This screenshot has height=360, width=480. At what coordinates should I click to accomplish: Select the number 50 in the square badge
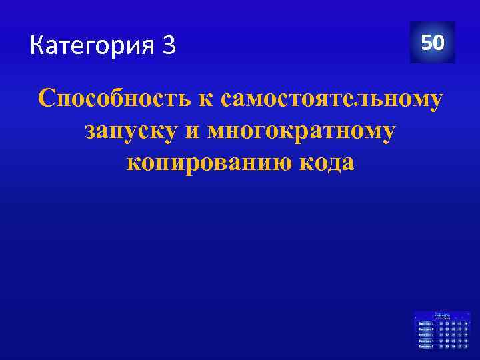(x=432, y=43)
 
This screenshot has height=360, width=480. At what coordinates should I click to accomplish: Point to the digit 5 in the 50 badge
(x=425, y=43)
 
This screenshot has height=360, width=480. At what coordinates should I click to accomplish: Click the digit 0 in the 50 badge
(x=439, y=43)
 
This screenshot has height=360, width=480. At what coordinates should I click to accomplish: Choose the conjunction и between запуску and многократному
(x=193, y=131)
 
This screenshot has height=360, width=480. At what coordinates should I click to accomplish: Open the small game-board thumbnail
(x=441, y=330)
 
